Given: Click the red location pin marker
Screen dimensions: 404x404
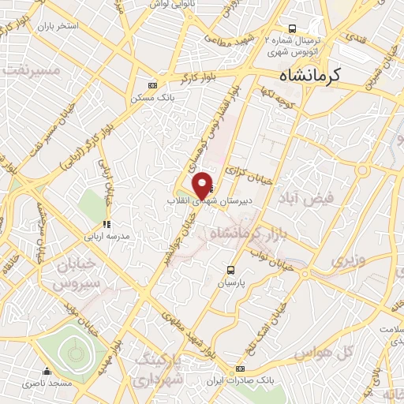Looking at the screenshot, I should click(203, 185).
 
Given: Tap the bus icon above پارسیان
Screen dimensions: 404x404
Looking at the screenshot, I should click(230, 268).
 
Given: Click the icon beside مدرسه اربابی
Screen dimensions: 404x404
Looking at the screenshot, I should click(107, 224).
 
